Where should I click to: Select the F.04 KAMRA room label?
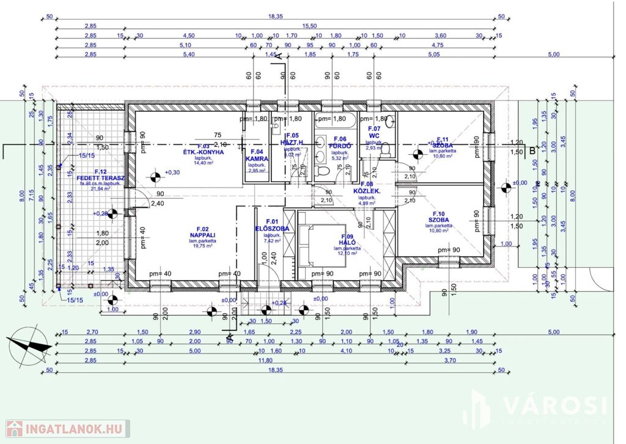pos(257,155)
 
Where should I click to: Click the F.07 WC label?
pos(374,132)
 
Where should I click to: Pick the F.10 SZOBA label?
pos(438,216)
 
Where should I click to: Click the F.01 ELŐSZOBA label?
pos(272,226)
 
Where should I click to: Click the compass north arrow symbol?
pos(29,345)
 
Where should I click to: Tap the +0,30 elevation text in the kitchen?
pos(174,172)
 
